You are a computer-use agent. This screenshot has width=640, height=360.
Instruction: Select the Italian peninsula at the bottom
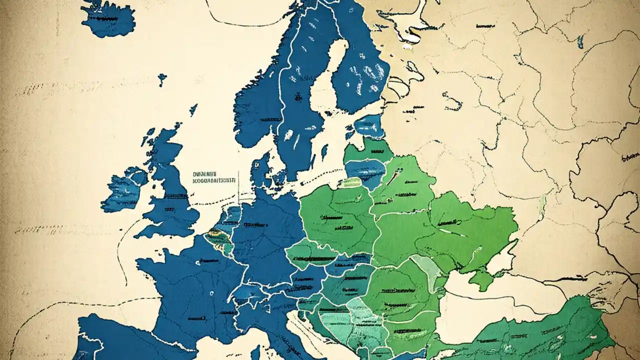[x=280, y=330]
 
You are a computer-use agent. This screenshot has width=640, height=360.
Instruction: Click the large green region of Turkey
[x=540, y=330]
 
